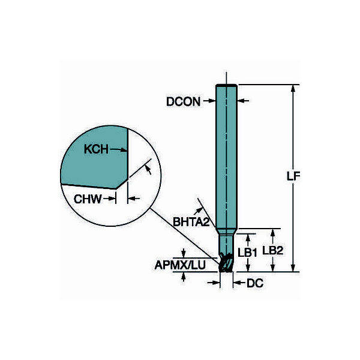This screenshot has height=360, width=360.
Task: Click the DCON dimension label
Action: pos(183,101)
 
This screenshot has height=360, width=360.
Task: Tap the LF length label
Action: pos(293,176)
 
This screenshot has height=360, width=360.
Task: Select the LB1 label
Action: pos(247,253)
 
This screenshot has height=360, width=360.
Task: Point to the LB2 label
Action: pos(273,250)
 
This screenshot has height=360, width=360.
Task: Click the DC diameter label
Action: pos(255,283)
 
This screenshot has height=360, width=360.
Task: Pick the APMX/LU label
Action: pos(180,265)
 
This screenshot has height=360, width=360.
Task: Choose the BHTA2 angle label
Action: pos(191,222)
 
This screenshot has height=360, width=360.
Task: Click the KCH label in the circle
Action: pos(96,149)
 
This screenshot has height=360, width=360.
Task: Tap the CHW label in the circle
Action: pos(88,199)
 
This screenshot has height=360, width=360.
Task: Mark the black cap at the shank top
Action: pos(226,86)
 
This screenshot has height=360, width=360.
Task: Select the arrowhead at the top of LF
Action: pos(293,89)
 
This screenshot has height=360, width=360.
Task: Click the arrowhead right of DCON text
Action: pos(212,101)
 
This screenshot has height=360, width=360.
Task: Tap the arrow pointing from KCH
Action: pos(118,150)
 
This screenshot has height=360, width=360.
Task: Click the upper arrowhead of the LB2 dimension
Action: pos(273,233)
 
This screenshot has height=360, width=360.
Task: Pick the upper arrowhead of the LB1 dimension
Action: pos(248,238)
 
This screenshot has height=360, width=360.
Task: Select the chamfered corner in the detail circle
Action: pos(121,184)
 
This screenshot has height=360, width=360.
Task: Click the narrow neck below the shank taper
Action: pos(226,244)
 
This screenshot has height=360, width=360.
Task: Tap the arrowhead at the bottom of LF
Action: pos(293,268)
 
